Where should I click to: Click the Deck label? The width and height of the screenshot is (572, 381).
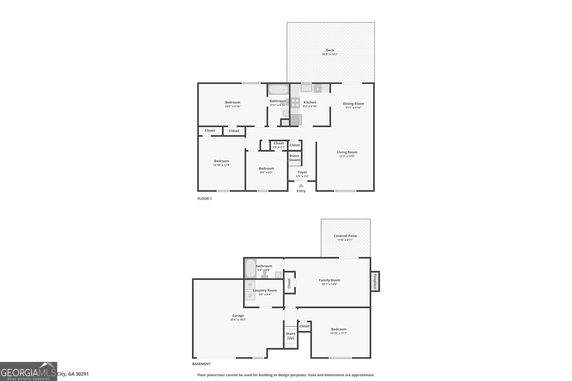330,50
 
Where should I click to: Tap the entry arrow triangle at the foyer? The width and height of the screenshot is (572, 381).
301,185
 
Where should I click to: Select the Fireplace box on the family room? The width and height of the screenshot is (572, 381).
375,281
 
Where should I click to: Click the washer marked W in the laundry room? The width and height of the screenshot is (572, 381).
250,285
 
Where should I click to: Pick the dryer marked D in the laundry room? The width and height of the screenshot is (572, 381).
250,295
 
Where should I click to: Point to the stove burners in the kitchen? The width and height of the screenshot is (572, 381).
295,103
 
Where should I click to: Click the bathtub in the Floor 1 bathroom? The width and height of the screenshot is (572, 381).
278,89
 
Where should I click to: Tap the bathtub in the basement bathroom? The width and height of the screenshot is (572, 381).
250,269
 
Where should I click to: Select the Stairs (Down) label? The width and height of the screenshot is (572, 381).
294,158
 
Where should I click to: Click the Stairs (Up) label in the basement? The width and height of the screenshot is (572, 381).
291,336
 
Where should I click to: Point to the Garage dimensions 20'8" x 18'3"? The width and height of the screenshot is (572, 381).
238,320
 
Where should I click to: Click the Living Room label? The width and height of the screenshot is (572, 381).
347,152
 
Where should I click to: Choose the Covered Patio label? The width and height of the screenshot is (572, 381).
345,236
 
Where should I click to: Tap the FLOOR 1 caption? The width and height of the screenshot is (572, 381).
204,199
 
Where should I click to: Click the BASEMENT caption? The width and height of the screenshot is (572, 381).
201,364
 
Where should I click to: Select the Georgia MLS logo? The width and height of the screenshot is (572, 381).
28,371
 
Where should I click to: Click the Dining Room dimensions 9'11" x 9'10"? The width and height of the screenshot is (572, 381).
353,107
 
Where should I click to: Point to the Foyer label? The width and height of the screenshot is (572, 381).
302,172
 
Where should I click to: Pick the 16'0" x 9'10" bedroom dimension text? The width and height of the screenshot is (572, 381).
232,106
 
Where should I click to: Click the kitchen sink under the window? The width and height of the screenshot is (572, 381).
306,88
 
